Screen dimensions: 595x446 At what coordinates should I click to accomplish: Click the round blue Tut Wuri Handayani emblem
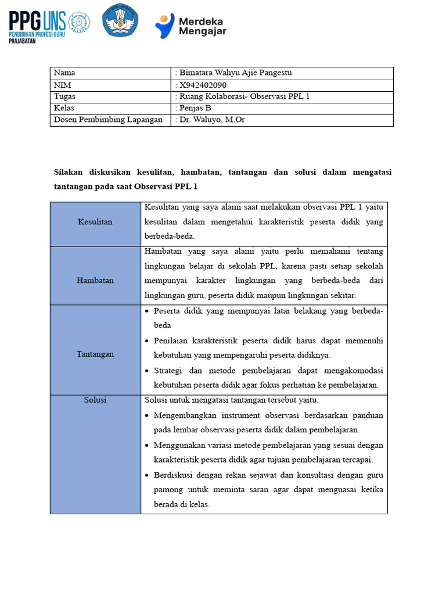click(120, 21)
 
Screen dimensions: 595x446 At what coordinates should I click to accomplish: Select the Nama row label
click(64, 73)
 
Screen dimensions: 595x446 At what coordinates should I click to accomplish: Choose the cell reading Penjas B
click(195, 108)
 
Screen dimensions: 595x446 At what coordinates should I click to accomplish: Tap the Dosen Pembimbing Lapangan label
click(108, 120)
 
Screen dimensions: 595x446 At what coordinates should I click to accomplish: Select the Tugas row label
click(64, 96)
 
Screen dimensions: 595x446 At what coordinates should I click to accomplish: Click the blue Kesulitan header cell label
click(95, 222)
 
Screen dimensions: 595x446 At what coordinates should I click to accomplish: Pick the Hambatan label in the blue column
click(95, 281)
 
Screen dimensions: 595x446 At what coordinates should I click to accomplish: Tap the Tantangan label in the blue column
click(95, 354)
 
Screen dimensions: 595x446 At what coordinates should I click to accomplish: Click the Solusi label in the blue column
click(95, 400)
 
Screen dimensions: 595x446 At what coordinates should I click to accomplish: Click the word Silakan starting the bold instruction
click(69, 173)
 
